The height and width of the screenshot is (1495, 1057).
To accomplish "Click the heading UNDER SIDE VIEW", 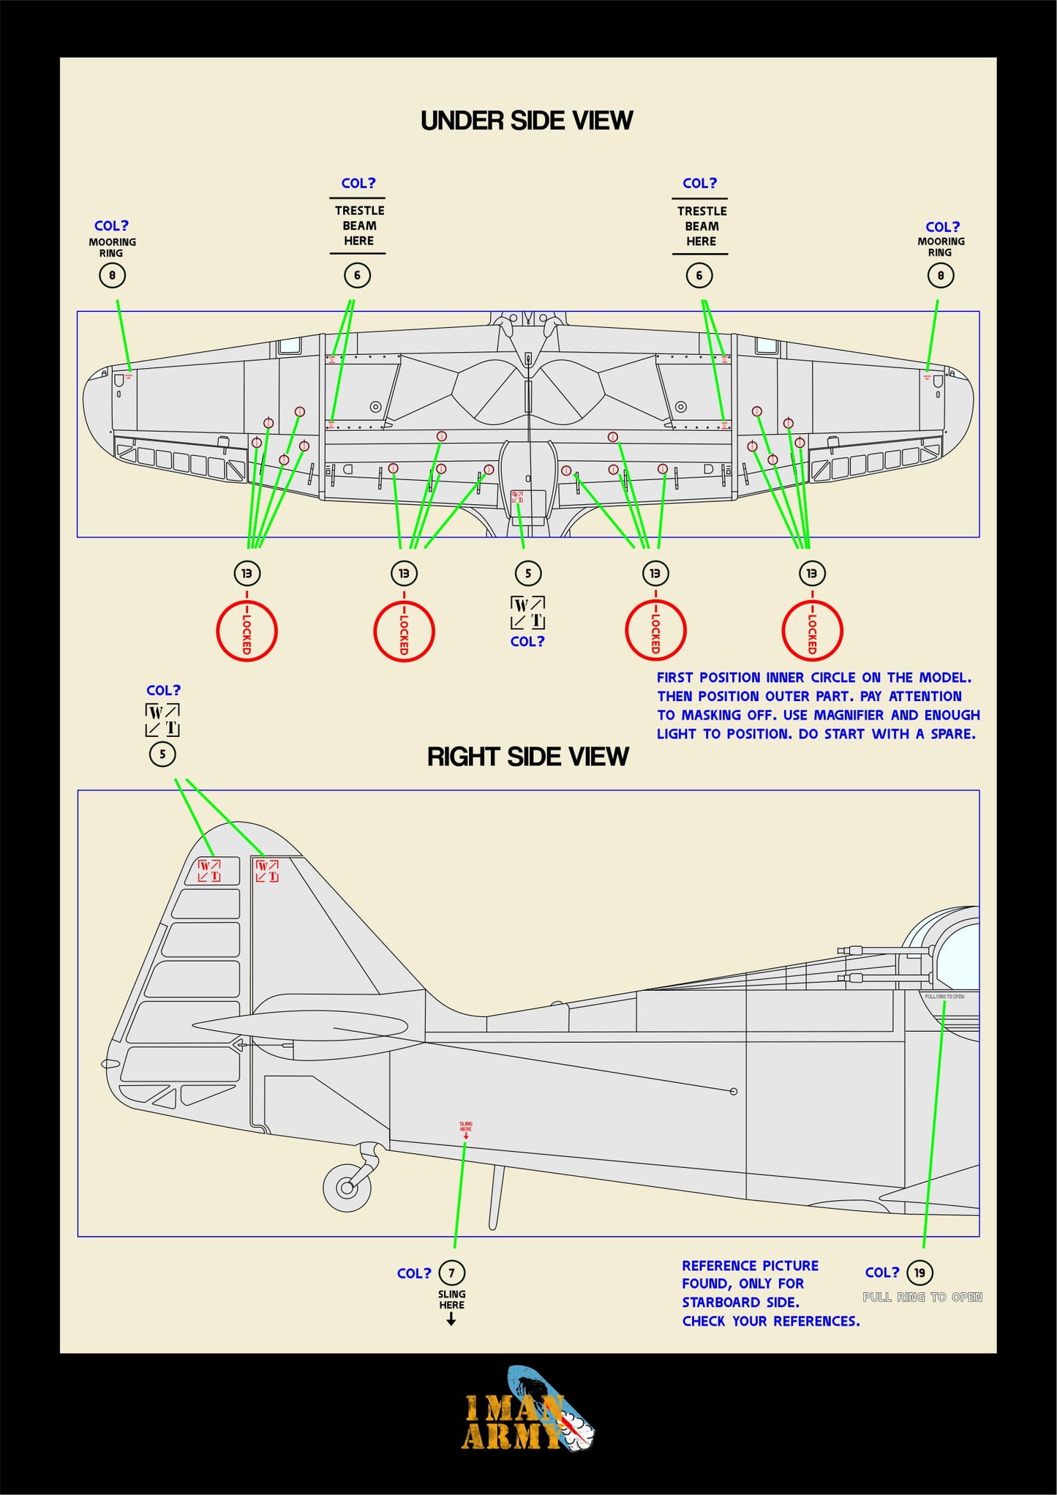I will tap(526, 121).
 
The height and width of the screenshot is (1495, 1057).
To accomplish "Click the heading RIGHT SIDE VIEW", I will tap(527, 757).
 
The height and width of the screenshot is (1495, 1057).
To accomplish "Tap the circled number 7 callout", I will tap(451, 1273).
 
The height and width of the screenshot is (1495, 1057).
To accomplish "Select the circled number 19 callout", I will tap(919, 1273).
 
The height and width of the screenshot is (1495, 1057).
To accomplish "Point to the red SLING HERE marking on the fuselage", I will tap(466, 1128).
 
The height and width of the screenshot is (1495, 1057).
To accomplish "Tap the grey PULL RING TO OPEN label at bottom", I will tap(922, 1297).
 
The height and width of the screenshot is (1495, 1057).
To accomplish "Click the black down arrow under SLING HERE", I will tap(451, 1319).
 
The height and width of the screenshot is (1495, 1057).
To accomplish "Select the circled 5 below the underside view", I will tap(527, 574).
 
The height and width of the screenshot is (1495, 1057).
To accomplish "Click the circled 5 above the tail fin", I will tap(162, 754).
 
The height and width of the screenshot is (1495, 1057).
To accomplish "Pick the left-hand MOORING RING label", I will tap(112, 247).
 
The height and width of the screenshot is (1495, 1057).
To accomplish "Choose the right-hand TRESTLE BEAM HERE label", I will tap(701, 226).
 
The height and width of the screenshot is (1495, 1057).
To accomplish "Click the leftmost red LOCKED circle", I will tap(247, 631).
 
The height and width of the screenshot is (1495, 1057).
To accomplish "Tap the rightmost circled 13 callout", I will tap(811, 574).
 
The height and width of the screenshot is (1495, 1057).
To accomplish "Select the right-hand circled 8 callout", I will tap(940, 276).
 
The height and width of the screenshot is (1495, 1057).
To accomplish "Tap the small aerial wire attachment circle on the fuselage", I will tap(734, 1092).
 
